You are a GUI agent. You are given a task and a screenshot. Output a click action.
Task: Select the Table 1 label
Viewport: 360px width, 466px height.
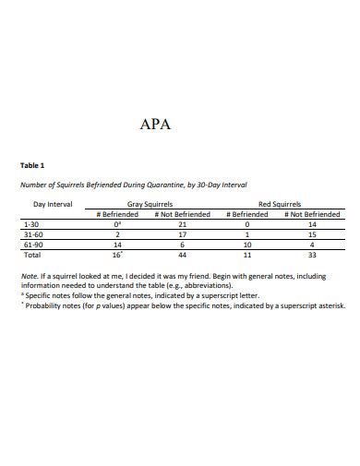pyautogui.click(x=32, y=166)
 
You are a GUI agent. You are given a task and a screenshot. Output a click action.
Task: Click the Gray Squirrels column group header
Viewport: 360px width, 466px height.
pyautogui.click(x=142, y=204)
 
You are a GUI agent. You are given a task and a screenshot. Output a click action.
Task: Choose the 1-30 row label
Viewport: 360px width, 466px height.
pyautogui.click(x=30, y=224)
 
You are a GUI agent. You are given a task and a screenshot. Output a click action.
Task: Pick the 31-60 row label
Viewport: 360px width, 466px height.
pyautogui.click(x=32, y=234)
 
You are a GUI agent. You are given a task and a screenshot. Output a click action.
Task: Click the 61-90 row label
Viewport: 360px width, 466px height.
pyautogui.click(x=32, y=245)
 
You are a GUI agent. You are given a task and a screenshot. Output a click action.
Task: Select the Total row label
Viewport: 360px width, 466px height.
pyautogui.click(x=31, y=255)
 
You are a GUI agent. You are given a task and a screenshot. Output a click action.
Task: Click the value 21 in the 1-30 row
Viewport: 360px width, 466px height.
pyautogui.click(x=182, y=224)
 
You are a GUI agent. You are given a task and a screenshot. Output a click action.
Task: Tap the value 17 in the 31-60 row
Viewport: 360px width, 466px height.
pyautogui.click(x=182, y=234)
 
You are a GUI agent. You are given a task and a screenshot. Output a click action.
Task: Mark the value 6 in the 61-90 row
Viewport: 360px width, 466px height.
pyautogui.click(x=182, y=245)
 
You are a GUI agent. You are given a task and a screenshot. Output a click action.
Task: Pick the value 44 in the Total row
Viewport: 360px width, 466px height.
pyautogui.click(x=182, y=255)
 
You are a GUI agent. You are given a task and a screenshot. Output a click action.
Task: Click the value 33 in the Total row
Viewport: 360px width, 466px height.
pyautogui.click(x=312, y=255)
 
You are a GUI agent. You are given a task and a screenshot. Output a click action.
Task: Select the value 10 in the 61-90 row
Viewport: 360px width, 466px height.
pyautogui.click(x=246, y=245)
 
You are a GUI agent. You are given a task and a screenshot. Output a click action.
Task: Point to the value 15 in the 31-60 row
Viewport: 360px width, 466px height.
pyautogui.click(x=312, y=234)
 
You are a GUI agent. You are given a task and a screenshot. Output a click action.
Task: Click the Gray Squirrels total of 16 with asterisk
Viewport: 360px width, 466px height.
pyautogui.click(x=117, y=255)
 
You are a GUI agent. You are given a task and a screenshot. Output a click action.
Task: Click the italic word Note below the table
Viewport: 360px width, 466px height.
pyautogui.click(x=30, y=276)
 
